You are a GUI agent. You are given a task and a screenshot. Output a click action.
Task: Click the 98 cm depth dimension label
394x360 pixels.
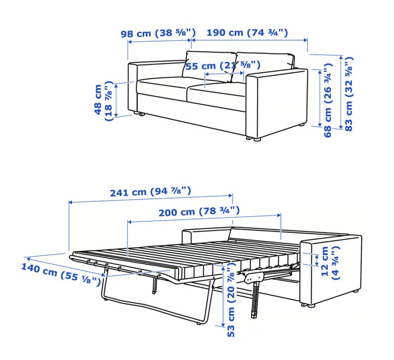coord(158,33)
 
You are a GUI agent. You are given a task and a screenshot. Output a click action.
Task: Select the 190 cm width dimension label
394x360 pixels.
coord(247,33)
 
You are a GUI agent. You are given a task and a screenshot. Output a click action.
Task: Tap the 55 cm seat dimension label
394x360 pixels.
coord(223,66)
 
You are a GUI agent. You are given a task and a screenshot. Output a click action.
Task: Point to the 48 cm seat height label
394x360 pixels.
coord(103,101)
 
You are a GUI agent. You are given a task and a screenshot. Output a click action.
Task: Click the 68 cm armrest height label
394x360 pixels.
coord(328,100)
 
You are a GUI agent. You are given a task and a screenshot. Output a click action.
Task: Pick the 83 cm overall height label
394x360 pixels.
coord(349,94)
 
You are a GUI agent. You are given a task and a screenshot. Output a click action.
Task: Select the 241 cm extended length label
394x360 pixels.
coord(151,192)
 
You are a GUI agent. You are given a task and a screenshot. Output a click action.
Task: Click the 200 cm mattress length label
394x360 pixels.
coord(199,211)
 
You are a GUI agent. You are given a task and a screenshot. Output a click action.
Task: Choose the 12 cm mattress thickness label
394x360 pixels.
coord(330,263)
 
